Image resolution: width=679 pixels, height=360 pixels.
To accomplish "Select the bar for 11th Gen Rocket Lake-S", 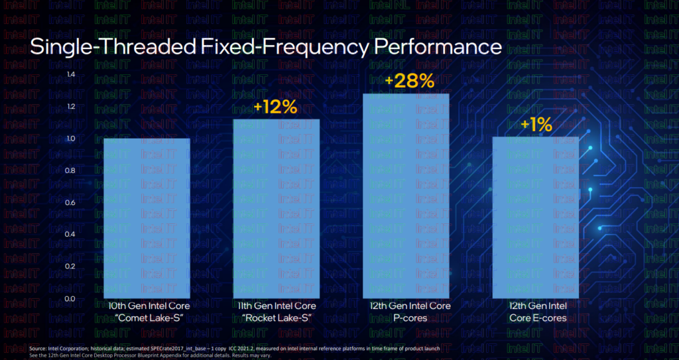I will pyautogui.click(x=276, y=208).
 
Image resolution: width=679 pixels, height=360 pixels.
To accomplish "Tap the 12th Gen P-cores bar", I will pyautogui.click(x=406, y=196).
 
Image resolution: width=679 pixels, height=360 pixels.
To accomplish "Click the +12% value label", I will pyautogui.click(x=275, y=107).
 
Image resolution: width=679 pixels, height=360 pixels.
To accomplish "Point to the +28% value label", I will pyautogui.click(x=409, y=82).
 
